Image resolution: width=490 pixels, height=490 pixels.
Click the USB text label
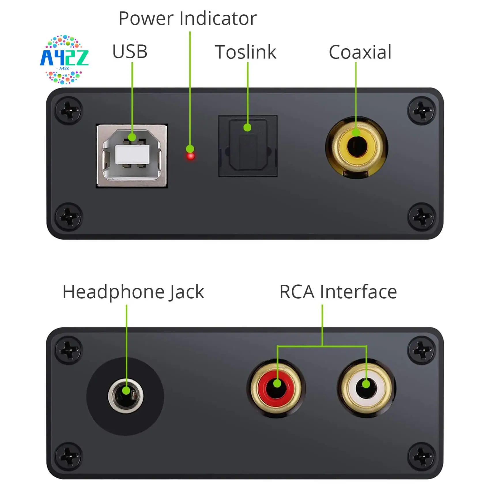click(x=130, y=52)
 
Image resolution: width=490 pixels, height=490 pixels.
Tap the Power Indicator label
click(x=187, y=18)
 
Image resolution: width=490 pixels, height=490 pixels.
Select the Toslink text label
click(x=246, y=52)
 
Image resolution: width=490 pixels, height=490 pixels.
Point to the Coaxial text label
click(x=360, y=52)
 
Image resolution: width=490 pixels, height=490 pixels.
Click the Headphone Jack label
click(x=133, y=292)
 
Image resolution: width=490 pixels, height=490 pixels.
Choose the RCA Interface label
click(x=338, y=292)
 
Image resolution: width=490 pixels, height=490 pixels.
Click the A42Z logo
click(x=64, y=59)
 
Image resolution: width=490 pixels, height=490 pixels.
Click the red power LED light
click(x=191, y=157)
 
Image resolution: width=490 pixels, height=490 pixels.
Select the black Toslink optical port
click(x=248, y=146)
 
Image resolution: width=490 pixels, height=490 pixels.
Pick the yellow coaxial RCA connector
click(x=357, y=147)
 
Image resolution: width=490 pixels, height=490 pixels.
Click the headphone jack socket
click(x=125, y=396)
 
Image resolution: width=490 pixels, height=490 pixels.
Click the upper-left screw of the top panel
click(x=69, y=111)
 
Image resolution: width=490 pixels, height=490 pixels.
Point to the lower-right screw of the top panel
click(x=421, y=217)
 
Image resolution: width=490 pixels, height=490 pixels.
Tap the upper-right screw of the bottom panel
click(x=421, y=350)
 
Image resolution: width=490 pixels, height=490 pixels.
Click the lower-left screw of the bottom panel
click(x=69, y=456)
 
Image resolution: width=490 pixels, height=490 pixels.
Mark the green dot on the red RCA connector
click(x=277, y=383)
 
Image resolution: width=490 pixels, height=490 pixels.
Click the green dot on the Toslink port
click(x=247, y=127)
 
